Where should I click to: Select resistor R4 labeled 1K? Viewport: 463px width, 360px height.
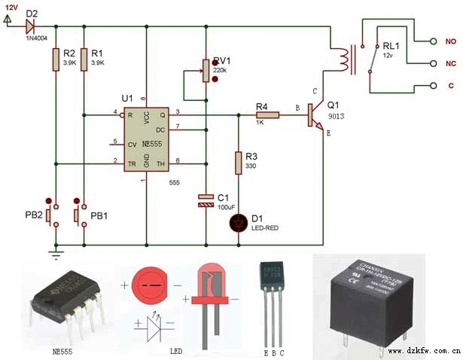point(267,115)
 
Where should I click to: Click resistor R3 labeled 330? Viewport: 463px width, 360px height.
point(239,163)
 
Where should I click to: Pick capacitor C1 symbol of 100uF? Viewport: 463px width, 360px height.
point(205,200)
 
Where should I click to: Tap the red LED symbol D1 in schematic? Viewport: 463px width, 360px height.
point(239,221)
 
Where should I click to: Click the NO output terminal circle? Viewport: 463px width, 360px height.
point(432,41)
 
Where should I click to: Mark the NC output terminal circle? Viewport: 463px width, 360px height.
point(432,63)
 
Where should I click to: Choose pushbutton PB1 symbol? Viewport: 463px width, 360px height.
point(78,215)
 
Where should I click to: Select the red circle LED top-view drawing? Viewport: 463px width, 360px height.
point(151,287)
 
